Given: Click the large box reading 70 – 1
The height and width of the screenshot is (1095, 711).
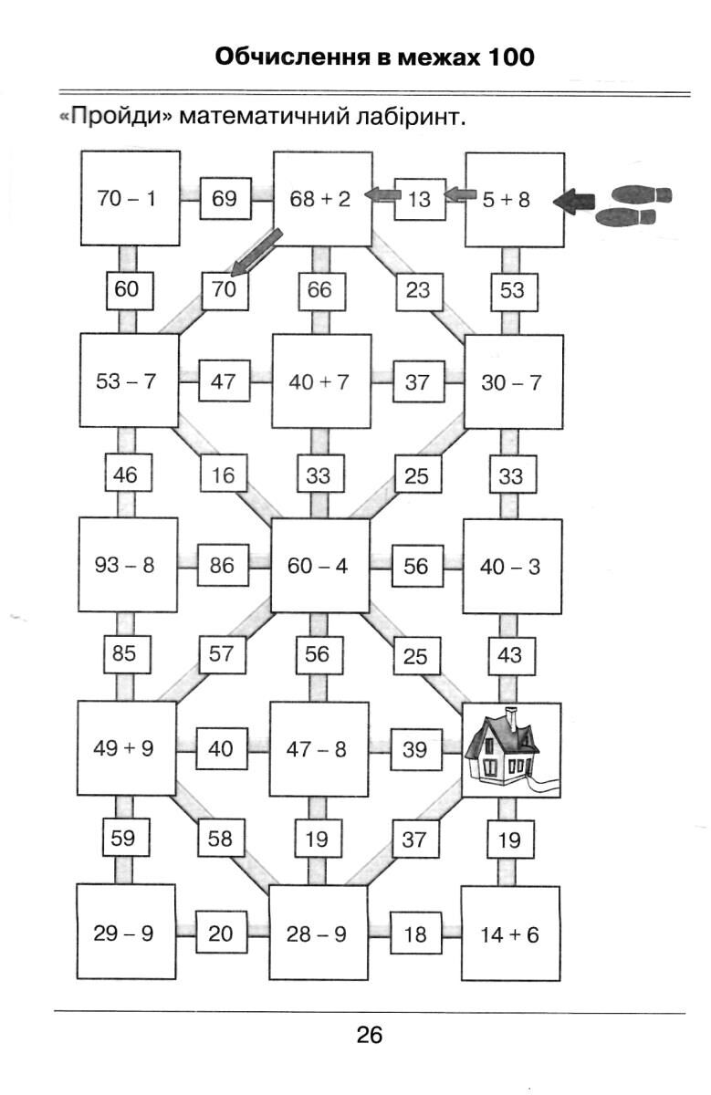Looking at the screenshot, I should [x=128, y=199].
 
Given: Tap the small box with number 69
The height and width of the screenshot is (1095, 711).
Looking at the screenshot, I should [x=225, y=199].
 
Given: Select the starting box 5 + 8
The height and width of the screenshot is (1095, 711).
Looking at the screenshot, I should [x=514, y=199].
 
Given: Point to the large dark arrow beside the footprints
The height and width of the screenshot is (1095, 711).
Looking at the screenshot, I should [x=573, y=200].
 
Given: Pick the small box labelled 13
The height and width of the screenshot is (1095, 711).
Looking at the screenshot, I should [x=419, y=199].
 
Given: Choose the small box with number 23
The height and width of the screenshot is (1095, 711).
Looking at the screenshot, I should [x=419, y=291].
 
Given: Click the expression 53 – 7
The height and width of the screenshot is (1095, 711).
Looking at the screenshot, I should [x=127, y=381].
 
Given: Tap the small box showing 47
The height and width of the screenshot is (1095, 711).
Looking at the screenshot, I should [x=224, y=381].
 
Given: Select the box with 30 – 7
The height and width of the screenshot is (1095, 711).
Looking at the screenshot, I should [x=512, y=381].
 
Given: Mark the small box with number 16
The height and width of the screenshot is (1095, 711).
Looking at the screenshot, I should [x=224, y=474].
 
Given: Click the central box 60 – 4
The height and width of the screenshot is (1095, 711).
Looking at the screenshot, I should [x=319, y=566].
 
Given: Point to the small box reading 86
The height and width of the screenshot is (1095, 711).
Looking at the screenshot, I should [x=223, y=566].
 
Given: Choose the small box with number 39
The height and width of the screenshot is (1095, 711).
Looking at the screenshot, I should [x=414, y=749].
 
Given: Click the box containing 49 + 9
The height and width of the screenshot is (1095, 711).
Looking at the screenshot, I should [x=126, y=749].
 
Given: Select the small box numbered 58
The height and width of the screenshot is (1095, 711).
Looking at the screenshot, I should [x=221, y=839].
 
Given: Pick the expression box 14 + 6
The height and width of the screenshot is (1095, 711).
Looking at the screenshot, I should [x=509, y=934].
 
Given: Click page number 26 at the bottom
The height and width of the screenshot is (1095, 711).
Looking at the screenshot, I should [x=369, y=1036].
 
